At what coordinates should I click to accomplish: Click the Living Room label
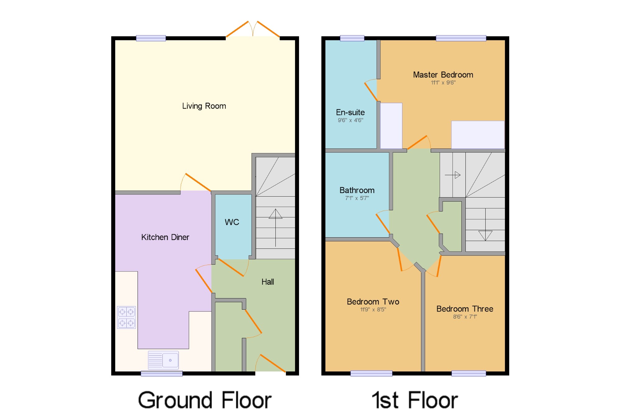click(204, 106)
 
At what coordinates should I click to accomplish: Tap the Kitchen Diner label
click(165, 237)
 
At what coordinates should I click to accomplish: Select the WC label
click(232, 222)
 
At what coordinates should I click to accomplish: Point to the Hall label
click(268, 282)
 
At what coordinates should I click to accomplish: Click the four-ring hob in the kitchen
click(126, 317)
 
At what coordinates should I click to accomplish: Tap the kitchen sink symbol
click(163, 360)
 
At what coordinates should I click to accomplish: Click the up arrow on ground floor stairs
click(275, 228)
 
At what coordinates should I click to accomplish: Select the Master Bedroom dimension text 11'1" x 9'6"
click(443, 83)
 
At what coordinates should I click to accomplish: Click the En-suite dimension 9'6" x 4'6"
click(351, 120)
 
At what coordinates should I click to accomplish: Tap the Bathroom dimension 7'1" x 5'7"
click(357, 198)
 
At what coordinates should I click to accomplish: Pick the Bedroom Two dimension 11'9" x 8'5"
click(373, 309)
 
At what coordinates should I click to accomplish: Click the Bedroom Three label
click(465, 309)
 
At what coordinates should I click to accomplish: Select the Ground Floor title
click(205, 400)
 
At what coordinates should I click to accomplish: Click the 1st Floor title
click(415, 400)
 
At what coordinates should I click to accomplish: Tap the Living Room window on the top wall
click(151, 38)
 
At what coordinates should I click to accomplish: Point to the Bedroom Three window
click(469, 373)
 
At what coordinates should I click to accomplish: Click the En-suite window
click(352, 38)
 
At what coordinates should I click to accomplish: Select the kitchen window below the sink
click(161, 373)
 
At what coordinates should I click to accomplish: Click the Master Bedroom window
click(461, 38)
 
